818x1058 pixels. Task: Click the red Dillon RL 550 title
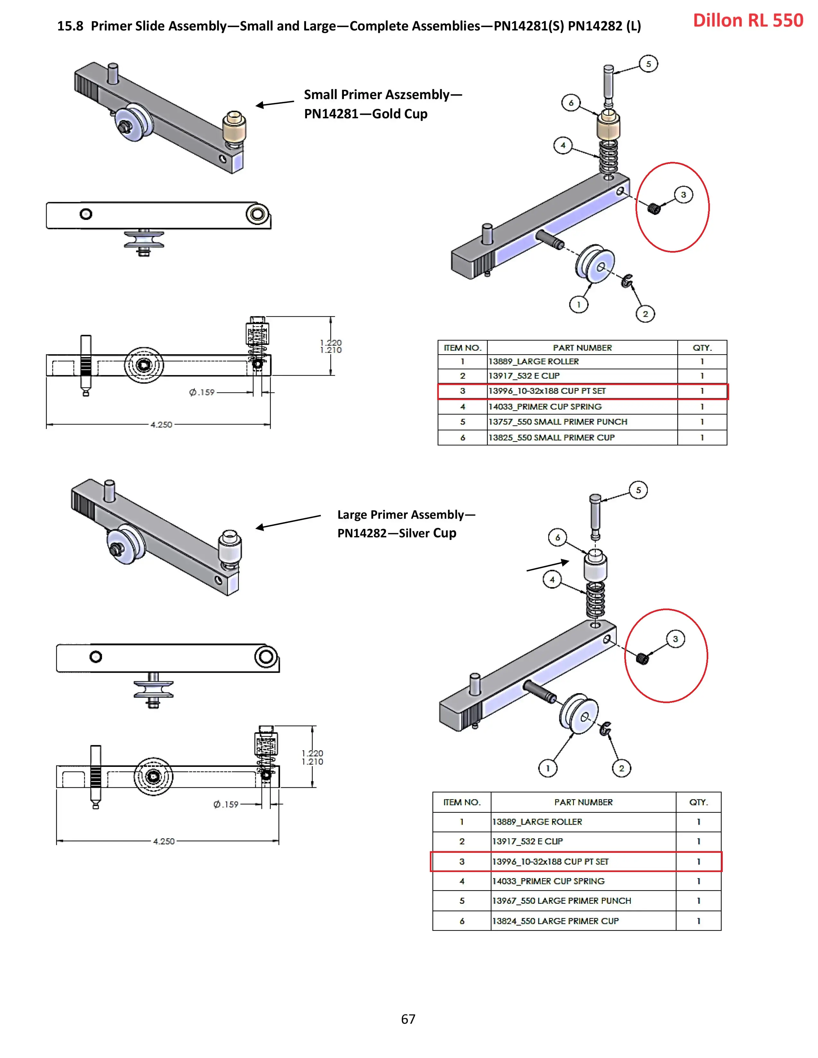(748, 20)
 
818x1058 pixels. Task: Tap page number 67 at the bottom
(408, 1019)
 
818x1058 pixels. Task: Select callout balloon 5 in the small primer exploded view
(648, 64)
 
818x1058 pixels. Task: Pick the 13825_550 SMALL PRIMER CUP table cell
(551, 437)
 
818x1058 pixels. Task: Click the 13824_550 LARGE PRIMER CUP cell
(555, 921)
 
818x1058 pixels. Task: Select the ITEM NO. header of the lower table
(461, 802)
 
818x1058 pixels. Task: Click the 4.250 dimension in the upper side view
(161, 425)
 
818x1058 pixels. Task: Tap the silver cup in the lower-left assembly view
(230, 546)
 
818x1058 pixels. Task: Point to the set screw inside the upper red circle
(654, 209)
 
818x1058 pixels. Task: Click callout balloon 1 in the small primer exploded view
(578, 305)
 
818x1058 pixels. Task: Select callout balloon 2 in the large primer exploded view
(621, 768)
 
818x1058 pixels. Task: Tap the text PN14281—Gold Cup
(365, 114)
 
